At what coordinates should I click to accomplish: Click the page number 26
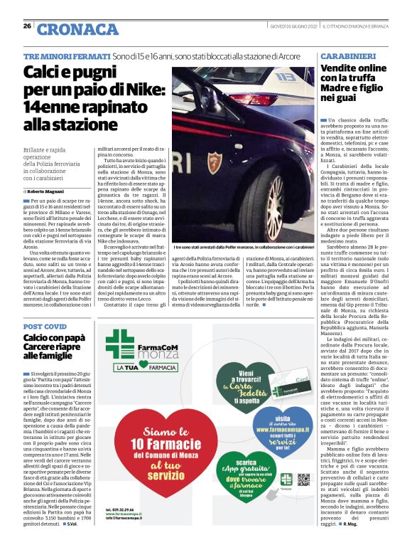point(27,26)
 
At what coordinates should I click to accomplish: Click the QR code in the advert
point(304,479)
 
